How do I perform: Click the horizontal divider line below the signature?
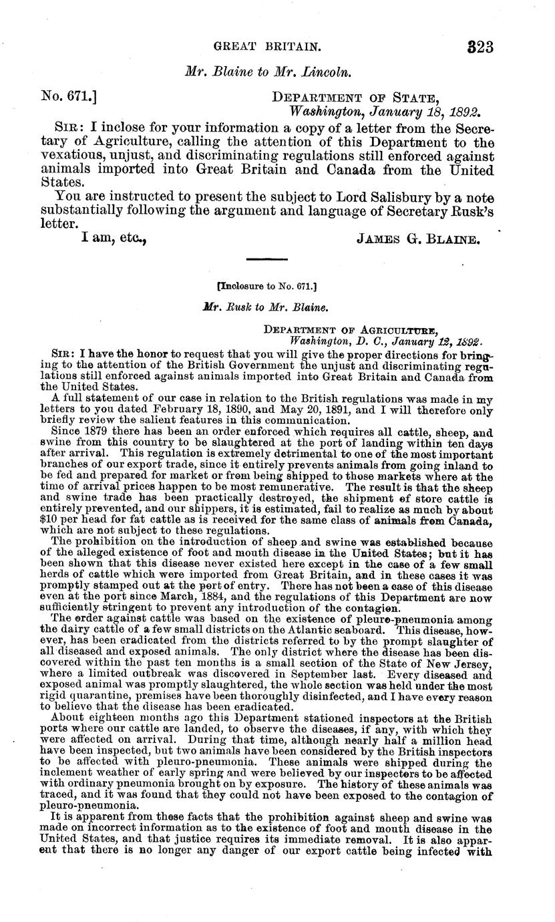click(266, 259)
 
